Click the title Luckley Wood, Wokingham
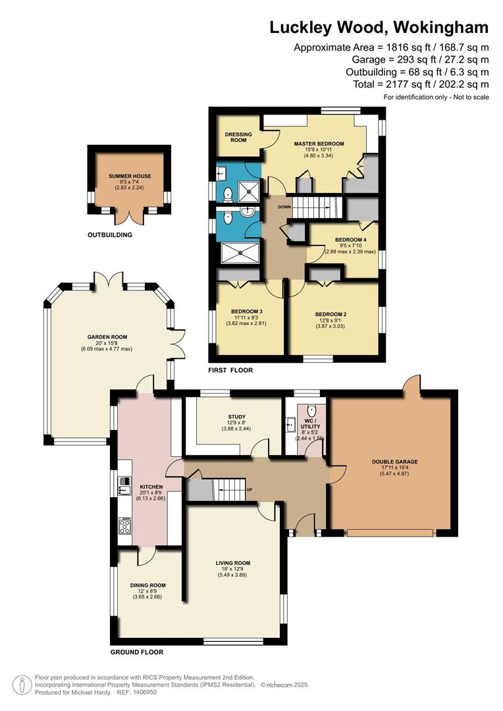tap(379, 27)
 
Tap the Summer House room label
tap(130, 176)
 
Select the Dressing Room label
tap(239, 137)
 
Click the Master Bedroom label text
tap(319, 144)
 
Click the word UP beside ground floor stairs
tap(249, 490)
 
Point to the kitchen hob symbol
tap(124, 525)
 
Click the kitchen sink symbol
tap(124, 487)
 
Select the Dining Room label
tap(147, 585)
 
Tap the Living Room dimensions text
tap(233, 572)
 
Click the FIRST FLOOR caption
tap(230, 370)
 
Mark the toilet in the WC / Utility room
tap(312, 409)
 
